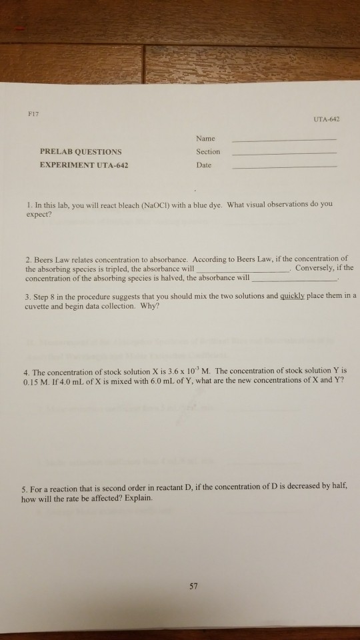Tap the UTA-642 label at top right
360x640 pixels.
pyautogui.click(x=326, y=119)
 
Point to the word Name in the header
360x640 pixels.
pyautogui.click(x=206, y=139)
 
